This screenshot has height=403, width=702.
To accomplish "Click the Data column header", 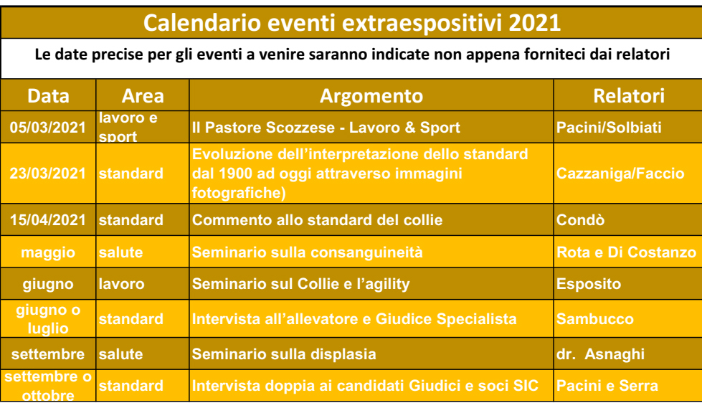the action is [48, 96].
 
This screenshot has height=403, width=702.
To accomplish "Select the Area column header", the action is [143, 96].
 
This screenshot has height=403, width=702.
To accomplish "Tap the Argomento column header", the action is [371, 96].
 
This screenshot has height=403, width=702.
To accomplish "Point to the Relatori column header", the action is [629, 96].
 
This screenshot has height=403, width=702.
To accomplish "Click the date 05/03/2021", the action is [48, 127].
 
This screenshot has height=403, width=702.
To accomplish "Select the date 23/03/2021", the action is [48, 174].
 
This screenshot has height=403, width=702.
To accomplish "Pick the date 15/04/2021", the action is [48, 220].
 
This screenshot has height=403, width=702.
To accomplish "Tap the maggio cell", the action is [48, 252].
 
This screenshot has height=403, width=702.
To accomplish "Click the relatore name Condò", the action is [580, 220].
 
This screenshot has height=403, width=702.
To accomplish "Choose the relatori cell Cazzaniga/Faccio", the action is [620, 174].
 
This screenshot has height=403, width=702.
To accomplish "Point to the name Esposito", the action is [589, 284].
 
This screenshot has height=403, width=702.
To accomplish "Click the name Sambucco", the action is [595, 319].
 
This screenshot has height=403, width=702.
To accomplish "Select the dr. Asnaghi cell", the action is [600, 354].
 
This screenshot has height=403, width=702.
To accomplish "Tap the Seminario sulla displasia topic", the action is [284, 354].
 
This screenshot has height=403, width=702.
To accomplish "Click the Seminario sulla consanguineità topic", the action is [307, 252].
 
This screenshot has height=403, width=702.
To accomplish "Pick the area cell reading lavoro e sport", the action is [128, 127].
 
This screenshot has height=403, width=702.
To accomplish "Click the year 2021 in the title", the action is [534, 22].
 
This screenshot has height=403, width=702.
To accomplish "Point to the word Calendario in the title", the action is [202, 22].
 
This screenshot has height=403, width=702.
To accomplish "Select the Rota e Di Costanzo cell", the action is [626, 252].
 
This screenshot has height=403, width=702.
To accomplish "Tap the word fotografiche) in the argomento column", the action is [239, 193].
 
